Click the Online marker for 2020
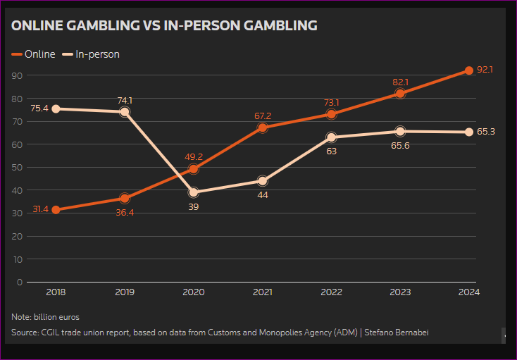(x=194, y=169)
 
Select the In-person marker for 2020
(x=194, y=192)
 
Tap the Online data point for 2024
(x=469, y=70)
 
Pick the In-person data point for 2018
(x=56, y=108)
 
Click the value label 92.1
(x=485, y=70)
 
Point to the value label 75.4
(x=39, y=108)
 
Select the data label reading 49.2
(x=194, y=157)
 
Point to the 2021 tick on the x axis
(x=263, y=292)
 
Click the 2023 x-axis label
(x=400, y=292)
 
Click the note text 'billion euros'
(x=56, y=317)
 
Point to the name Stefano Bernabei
(x=396, y=332)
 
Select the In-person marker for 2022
(x=332, y=137)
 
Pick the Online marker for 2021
(x=263, y=128)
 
